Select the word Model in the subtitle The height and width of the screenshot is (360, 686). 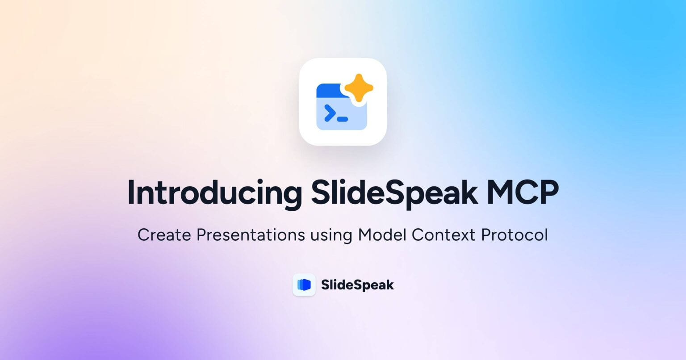click(382, 235)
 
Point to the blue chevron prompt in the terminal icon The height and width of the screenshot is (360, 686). click(329, 113)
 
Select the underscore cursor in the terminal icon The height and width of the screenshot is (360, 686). click(342, 119)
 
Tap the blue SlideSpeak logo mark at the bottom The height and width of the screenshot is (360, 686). click(304, 285)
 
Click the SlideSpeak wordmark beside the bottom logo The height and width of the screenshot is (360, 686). click(357, 285)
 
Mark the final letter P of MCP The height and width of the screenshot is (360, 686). click(548, 193)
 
